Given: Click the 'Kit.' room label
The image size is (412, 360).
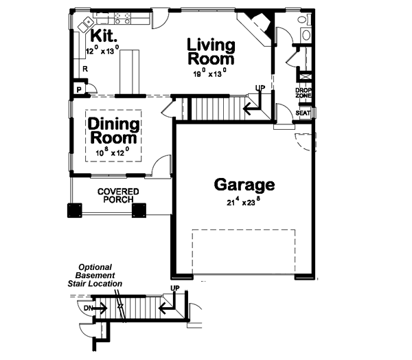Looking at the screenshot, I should pyautogui.click(x=102, y=36).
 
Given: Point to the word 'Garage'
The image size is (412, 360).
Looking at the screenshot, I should pyautogui.click(x=244, y=184).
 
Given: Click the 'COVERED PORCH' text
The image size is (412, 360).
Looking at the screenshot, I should pyautogui.click(x=117, y=195).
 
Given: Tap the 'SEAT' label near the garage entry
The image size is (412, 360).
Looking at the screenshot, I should pyautogui.click(x=303, y=113).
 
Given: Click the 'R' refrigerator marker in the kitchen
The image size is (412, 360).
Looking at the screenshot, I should pyautogui.click(x=84, y=69).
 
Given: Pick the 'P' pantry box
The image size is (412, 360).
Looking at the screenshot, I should pyautogui.click(x=79, y=89).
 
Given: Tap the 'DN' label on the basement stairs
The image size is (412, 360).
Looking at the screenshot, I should pyautogui.click(x=89, y=308).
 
